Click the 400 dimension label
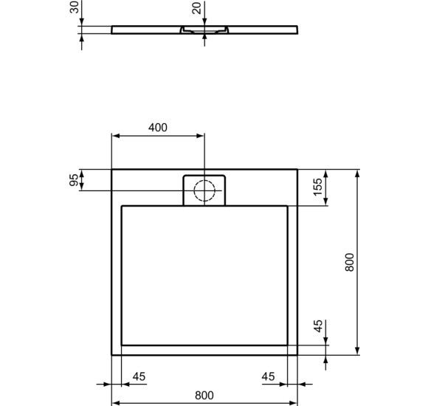157,127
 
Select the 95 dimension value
74,181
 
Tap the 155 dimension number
317,187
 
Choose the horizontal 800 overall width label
204,395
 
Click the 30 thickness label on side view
74,10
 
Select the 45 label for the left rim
139,376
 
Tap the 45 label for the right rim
268,376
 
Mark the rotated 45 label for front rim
317,327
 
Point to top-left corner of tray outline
112,170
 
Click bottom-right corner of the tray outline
298,355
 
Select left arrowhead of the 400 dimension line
114,136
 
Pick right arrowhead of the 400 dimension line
202,136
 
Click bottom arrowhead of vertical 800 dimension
357,352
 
